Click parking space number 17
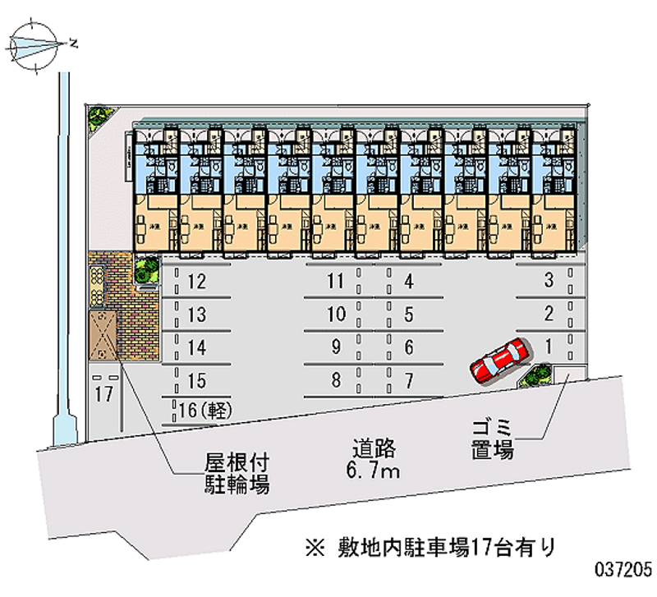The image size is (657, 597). click(x=103, y=394)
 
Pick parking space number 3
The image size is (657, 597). click(x=549, y=282)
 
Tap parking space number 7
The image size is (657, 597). click(x=408, y=380)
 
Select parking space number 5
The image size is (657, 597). click(x=408, y=314)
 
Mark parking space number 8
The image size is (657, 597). click(x=334, y=380)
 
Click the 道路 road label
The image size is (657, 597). click(x=375, y=449)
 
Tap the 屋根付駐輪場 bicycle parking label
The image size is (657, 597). click(x=237, y=473)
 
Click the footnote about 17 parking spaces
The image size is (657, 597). click(x=427, y=544)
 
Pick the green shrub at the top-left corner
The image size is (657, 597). click(x=98, y=117)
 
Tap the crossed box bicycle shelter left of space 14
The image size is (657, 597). click(x=103, y=334)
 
